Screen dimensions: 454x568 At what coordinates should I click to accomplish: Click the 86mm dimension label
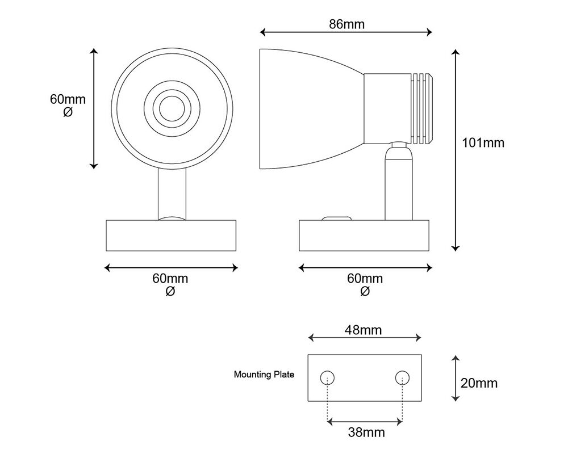[x=346, y=24]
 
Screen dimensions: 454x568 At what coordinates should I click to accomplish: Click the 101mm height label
[x=483, y=142]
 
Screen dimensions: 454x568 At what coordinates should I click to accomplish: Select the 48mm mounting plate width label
[x=364, y=330]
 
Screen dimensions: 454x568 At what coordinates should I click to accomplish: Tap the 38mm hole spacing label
[x=366, y=432]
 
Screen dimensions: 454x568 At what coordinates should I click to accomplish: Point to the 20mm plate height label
[x=479, y=383]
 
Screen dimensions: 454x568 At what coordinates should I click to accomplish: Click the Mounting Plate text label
[x=264, y=375]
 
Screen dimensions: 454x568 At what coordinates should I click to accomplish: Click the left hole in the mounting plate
[x=327, y=377]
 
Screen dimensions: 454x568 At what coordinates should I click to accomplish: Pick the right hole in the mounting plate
[x=403, y=377]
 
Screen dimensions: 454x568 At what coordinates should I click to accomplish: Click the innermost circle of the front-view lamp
[x=171, y=107]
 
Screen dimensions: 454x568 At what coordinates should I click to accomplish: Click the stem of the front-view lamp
[x=172, y=193]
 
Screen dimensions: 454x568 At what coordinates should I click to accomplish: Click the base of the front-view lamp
[x=172, y=236]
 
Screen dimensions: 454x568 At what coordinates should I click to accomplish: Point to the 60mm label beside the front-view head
[x=68, y=105]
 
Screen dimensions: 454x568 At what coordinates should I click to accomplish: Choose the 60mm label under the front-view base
[x=170, y=284]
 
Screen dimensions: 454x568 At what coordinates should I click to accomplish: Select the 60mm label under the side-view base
[x=365, y=284]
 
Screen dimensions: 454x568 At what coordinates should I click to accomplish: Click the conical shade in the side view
[x=307, y=108]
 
